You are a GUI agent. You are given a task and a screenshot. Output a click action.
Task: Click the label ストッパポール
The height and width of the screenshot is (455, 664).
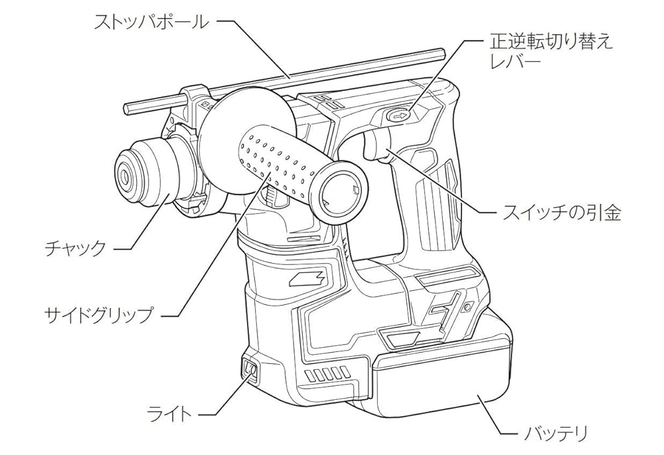tap(151, 22)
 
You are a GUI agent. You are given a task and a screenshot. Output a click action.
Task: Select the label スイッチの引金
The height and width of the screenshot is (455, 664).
tap(561, 213)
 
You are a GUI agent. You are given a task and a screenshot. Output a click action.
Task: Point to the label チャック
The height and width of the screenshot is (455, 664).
tap(75, 249)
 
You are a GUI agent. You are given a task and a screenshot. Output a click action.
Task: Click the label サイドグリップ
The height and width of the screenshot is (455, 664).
tap(98, 314)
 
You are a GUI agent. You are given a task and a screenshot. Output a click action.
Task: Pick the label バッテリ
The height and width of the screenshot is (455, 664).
tap(556, 434)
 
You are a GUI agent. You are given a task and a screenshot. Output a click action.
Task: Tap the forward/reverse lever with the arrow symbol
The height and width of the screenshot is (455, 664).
tap(400, 116)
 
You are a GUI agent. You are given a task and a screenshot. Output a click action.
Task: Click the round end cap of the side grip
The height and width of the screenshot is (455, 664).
tap(339, 193)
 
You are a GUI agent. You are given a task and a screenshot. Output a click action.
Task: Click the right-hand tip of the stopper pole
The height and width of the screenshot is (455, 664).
tap(440, 51)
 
